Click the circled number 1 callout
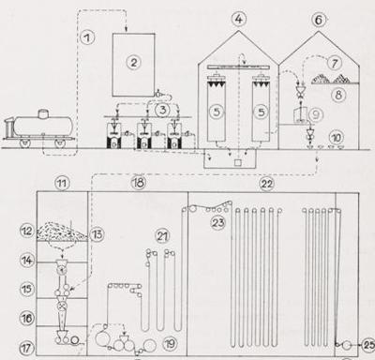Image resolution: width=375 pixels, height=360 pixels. pyautogui.click(x=87, y=37)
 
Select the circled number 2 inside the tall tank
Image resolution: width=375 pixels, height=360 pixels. pyautogui.click(x=134, y=63)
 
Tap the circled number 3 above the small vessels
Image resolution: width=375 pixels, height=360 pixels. pyautogui.click(x=163, y=110)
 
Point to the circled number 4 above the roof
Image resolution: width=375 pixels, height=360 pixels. pyautogui.click(x=238, y=20)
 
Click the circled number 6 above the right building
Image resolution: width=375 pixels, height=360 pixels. pyautogui.click(x=318, y=20)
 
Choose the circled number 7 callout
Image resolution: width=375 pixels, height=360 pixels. pyautogui.click(x=335, y=63)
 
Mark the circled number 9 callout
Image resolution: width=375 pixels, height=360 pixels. pyautogui.click(x=315, y=115)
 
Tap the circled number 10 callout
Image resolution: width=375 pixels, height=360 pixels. pyautogui.click(x=336, y=137)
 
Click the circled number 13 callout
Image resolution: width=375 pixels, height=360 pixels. pyautogui.click(x=97, y=234)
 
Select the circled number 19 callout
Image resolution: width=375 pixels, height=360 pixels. pyautogui.click(x=170, y=344)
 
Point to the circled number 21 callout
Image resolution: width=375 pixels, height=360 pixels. pyautogui.click(x=162, y=236)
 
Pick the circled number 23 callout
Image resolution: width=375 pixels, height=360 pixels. pyautogui.click(x=217, y=223)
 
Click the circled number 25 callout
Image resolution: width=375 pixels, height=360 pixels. pyautogui.click(x=367, y=345)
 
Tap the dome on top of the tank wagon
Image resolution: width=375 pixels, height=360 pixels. pyautogui.click(x=43, y=113)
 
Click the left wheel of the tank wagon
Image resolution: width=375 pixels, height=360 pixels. pyautogui.click(x=24, y=143)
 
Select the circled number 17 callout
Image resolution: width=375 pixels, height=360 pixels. pyautogui.click(x=26, y=348)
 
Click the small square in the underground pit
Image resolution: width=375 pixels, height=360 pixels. pyautogui.click(x=238, y=162)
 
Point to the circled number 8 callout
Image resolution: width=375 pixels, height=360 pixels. pyautogui.click(x=338, y=95)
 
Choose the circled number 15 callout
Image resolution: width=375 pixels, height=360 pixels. pyautogui.click(x=27, y=289)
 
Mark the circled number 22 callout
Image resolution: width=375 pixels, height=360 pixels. pyautogui.click(x=266, y=184)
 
